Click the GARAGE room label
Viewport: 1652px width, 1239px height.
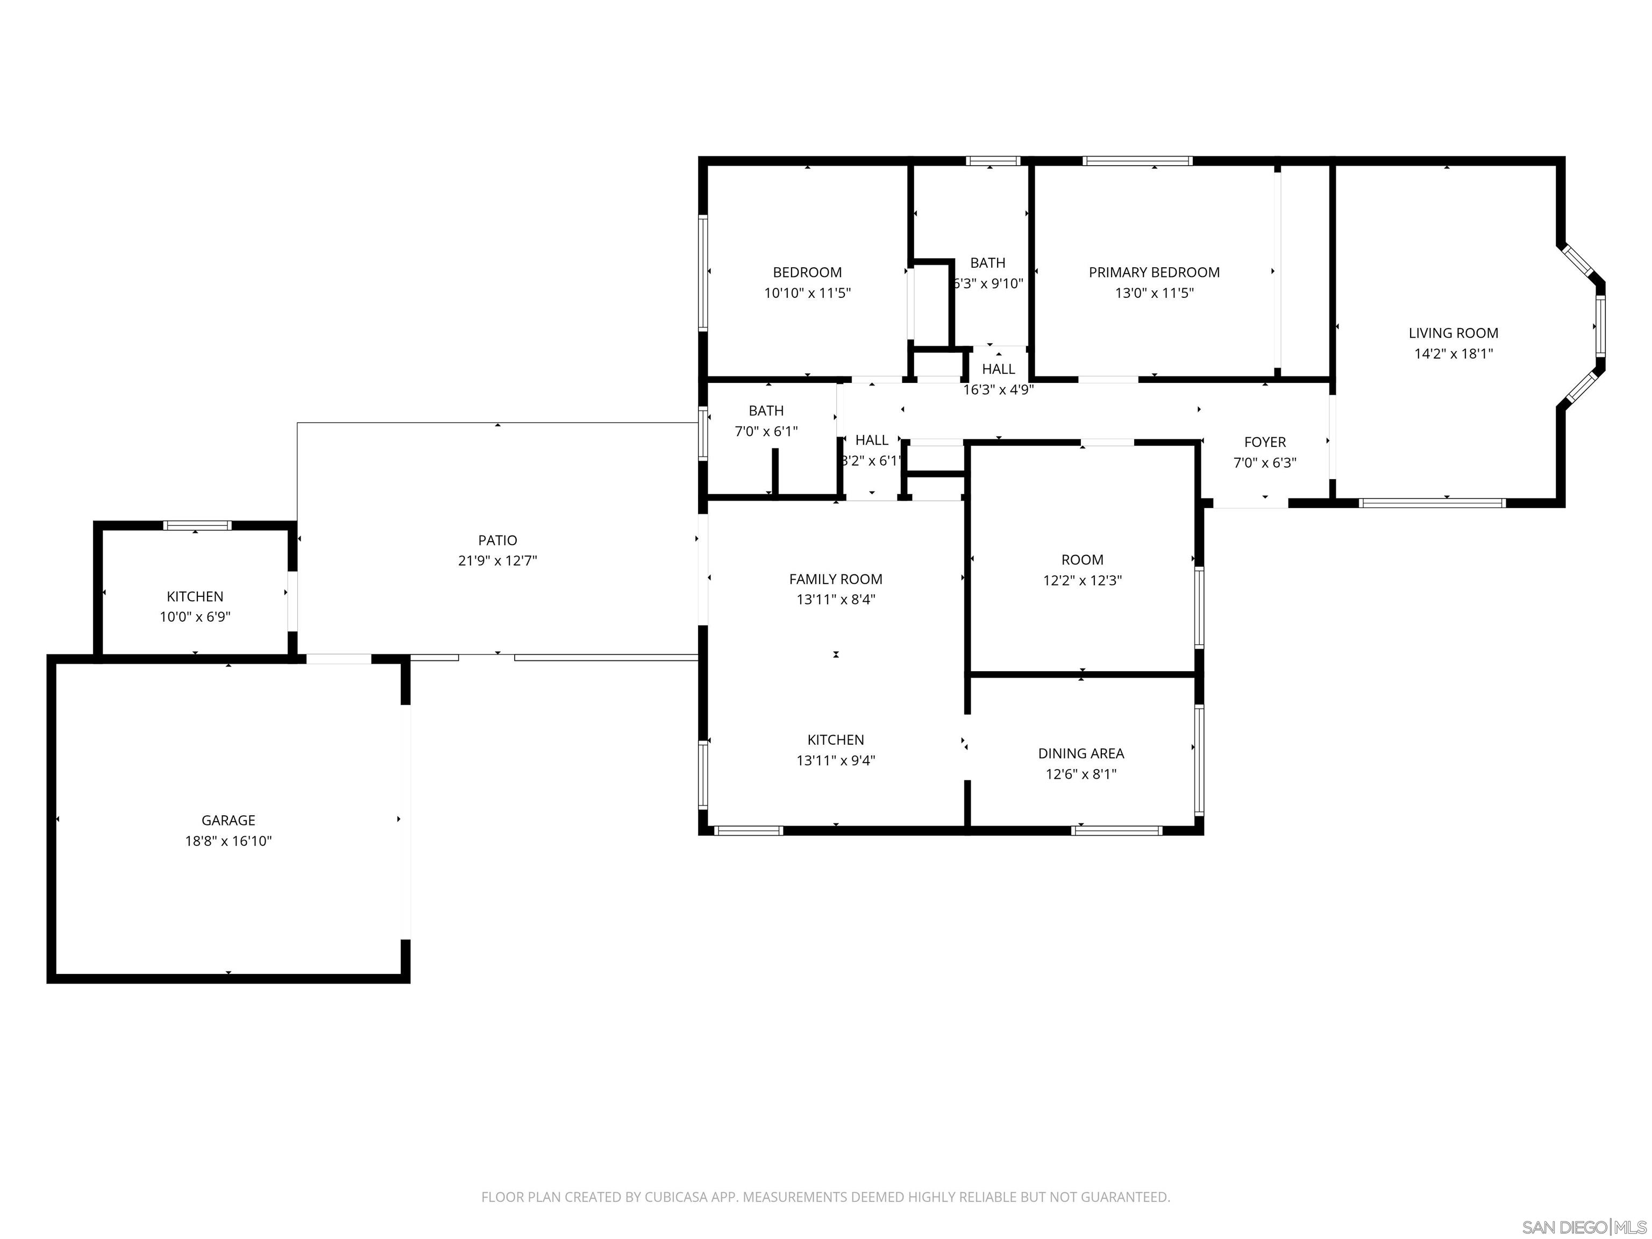point(228,820)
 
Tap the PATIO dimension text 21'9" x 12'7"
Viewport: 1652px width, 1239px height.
point(497,561)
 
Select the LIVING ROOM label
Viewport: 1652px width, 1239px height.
point(1452,333)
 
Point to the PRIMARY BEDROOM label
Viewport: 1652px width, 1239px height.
point(1154,273)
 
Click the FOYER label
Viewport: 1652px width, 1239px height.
point(1264,442)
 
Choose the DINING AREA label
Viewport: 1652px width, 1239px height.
point(1081,753)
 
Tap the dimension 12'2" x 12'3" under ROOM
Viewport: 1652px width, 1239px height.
point(1082,580)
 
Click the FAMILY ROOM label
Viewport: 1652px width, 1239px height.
point(835,579)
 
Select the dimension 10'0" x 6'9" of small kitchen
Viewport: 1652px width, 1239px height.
point(195,617)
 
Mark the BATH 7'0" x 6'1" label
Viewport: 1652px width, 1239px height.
point(766,411)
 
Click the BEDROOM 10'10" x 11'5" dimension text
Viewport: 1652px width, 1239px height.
point(807,293)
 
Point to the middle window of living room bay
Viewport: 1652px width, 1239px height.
point(1600,326)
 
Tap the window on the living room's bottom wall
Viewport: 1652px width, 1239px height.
point(1431,503)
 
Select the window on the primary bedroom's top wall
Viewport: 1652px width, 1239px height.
point(1137,161)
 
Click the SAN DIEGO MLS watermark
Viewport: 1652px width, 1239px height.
point(1583,1227)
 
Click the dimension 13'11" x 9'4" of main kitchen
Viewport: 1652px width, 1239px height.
point(835,760)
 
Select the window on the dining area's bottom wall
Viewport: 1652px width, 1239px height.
point(1116,830)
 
